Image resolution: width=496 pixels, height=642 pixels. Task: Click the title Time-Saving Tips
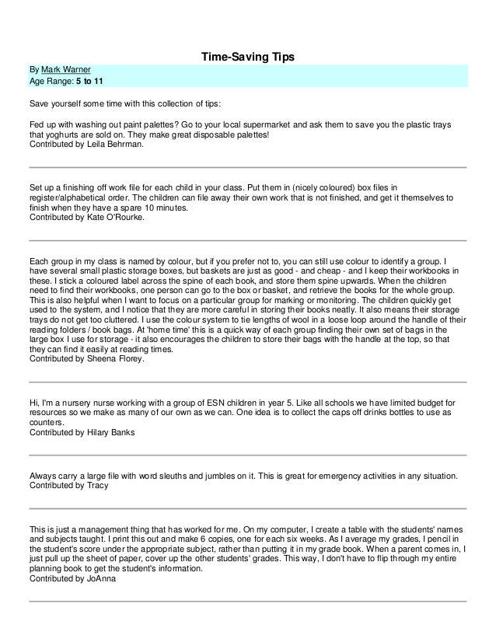coord(248,58)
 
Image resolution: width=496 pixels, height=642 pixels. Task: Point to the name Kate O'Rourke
coord(118,218)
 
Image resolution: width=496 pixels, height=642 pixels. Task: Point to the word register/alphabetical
coord(75,199)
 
